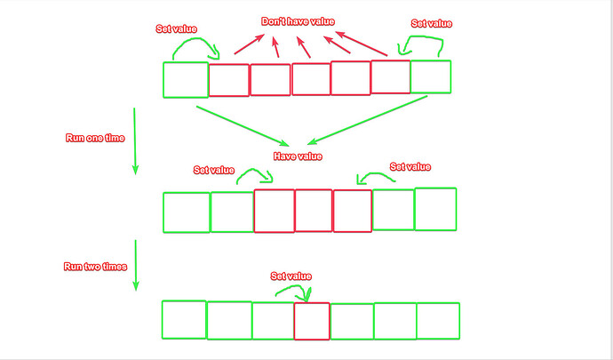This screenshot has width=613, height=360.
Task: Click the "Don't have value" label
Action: coord(298,21)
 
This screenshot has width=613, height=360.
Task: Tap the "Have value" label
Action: coord(297,156)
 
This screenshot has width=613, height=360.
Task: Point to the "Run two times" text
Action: coord(96,267)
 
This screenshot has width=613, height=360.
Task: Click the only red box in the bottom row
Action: coord(311,321)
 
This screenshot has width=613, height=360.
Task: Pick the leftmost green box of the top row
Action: coord(186,79)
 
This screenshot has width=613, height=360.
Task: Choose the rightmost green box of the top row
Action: coord(430,76)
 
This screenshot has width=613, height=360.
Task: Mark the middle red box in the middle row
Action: coord(314,210)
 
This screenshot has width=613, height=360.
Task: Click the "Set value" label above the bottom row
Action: coord(291,276)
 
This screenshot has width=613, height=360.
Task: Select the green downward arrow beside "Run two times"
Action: coord(135,265)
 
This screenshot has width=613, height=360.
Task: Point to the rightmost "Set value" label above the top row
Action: coord(432,24)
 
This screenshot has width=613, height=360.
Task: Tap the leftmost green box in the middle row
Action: coord(187,212)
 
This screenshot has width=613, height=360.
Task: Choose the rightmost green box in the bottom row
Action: coord(438,321)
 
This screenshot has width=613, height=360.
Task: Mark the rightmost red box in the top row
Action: coord(390,76)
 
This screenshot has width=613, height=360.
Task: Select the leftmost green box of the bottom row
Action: coord(184,320)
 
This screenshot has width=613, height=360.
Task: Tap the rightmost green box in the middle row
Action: coord(434,209)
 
